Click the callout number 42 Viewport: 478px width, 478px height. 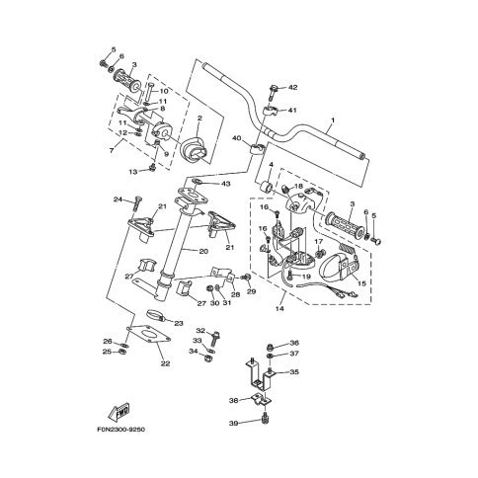[292, 87]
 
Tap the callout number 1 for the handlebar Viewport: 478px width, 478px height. [333, 120]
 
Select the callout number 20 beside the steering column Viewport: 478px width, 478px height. [203, 251]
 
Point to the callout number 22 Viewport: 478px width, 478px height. [165, 363]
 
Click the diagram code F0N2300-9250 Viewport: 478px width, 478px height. [120, 430]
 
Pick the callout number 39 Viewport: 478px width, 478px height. [234, 423]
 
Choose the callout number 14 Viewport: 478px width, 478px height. [279, 309]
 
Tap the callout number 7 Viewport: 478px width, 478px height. [112, 150]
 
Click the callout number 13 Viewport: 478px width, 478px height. [133, 172]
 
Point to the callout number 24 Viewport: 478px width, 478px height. [118, 199]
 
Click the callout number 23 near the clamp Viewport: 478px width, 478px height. [178, 324]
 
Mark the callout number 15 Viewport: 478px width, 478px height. [361, 283]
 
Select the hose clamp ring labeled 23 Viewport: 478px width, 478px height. [155, 314]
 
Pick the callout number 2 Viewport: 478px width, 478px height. [199, 118]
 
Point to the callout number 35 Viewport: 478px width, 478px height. [294, 372]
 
